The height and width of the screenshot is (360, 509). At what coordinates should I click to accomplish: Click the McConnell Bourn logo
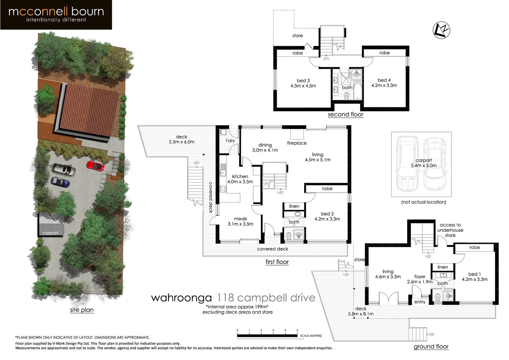pos(56,15)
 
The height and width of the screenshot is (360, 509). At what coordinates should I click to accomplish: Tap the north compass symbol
pos(441,30)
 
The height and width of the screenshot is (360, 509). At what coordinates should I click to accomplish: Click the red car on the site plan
pos(96,166)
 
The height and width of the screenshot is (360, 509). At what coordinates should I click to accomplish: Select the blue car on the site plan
pos(60,182)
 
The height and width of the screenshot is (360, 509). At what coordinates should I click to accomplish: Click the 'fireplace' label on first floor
pos(296,143)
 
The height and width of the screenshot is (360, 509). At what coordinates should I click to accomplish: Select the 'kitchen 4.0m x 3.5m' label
pos(240,179)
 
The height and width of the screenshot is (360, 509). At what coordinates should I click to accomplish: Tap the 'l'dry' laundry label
pos(230,141)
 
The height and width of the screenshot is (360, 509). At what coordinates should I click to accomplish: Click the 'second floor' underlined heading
pos(345,114)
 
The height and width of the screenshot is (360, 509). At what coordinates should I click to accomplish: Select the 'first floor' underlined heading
pos(277,262)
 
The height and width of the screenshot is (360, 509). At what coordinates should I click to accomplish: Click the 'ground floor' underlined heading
pos(431,347)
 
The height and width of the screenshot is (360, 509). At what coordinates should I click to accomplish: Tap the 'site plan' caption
pos(82,310)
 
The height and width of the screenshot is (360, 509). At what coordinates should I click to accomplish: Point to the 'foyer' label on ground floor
pos(420,277)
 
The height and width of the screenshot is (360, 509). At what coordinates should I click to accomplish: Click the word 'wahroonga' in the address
pos(181,298)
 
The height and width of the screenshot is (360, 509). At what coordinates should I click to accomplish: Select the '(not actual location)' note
pos(423,202)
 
